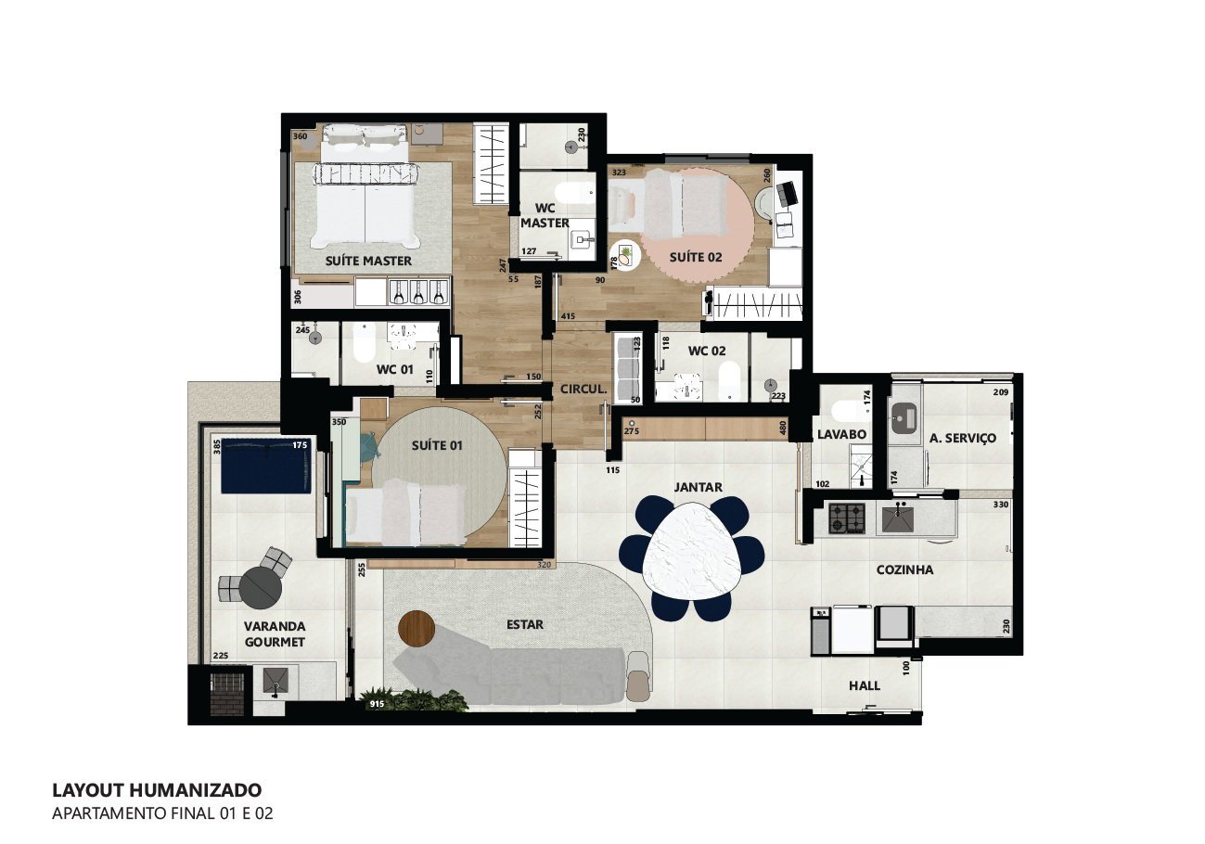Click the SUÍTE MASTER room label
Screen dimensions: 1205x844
(368, 261)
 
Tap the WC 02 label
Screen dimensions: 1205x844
(707, 351)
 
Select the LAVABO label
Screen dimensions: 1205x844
(842, 434)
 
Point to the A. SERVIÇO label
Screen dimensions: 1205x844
(962, 438)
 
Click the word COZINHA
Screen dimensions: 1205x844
(904, 569)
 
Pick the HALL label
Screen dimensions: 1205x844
(865, 685)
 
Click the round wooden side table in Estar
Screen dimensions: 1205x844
(417, 629)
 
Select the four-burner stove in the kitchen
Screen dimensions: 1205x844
(847, 518)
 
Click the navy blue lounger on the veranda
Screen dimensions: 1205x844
(266, 466)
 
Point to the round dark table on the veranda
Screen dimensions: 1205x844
(261, 589)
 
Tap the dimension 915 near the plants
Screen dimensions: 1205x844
(377, 704)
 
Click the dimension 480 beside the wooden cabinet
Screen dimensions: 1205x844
(783, 428)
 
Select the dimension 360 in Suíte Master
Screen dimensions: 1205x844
(301, 136)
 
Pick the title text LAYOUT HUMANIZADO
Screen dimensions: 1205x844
(157, 790)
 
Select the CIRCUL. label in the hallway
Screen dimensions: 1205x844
(583, 389)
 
